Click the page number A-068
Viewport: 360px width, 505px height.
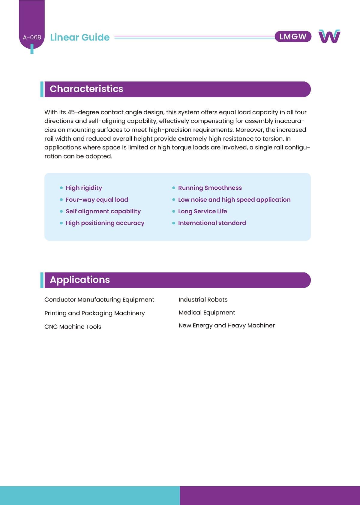pos(32,37)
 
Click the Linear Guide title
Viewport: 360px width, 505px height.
pos(80,37)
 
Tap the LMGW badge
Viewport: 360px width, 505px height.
pos(293,37)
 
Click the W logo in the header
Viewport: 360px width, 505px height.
pos(329,36)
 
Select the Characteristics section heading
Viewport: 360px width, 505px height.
pos(86,89)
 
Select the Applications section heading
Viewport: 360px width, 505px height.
pos(80,280)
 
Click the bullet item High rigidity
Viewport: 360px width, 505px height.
pos(84,188)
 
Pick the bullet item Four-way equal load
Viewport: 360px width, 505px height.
pos(97,200)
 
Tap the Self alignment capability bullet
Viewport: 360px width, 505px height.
pos(103,211)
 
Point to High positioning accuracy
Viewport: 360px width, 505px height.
pos(105,223)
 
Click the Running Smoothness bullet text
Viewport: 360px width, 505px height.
pos(210,188)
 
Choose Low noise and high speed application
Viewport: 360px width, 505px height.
pos(234,200)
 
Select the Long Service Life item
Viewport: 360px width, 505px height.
pos(202,211)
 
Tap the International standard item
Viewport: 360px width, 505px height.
pos(212,223)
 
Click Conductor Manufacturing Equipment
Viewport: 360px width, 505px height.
pos(99,299)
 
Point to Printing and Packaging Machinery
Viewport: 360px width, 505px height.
pos(94,313)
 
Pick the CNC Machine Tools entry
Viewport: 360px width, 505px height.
pos(73,326)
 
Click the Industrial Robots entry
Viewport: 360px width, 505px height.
pos(203,299)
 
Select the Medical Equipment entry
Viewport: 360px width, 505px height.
pos(207,312)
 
